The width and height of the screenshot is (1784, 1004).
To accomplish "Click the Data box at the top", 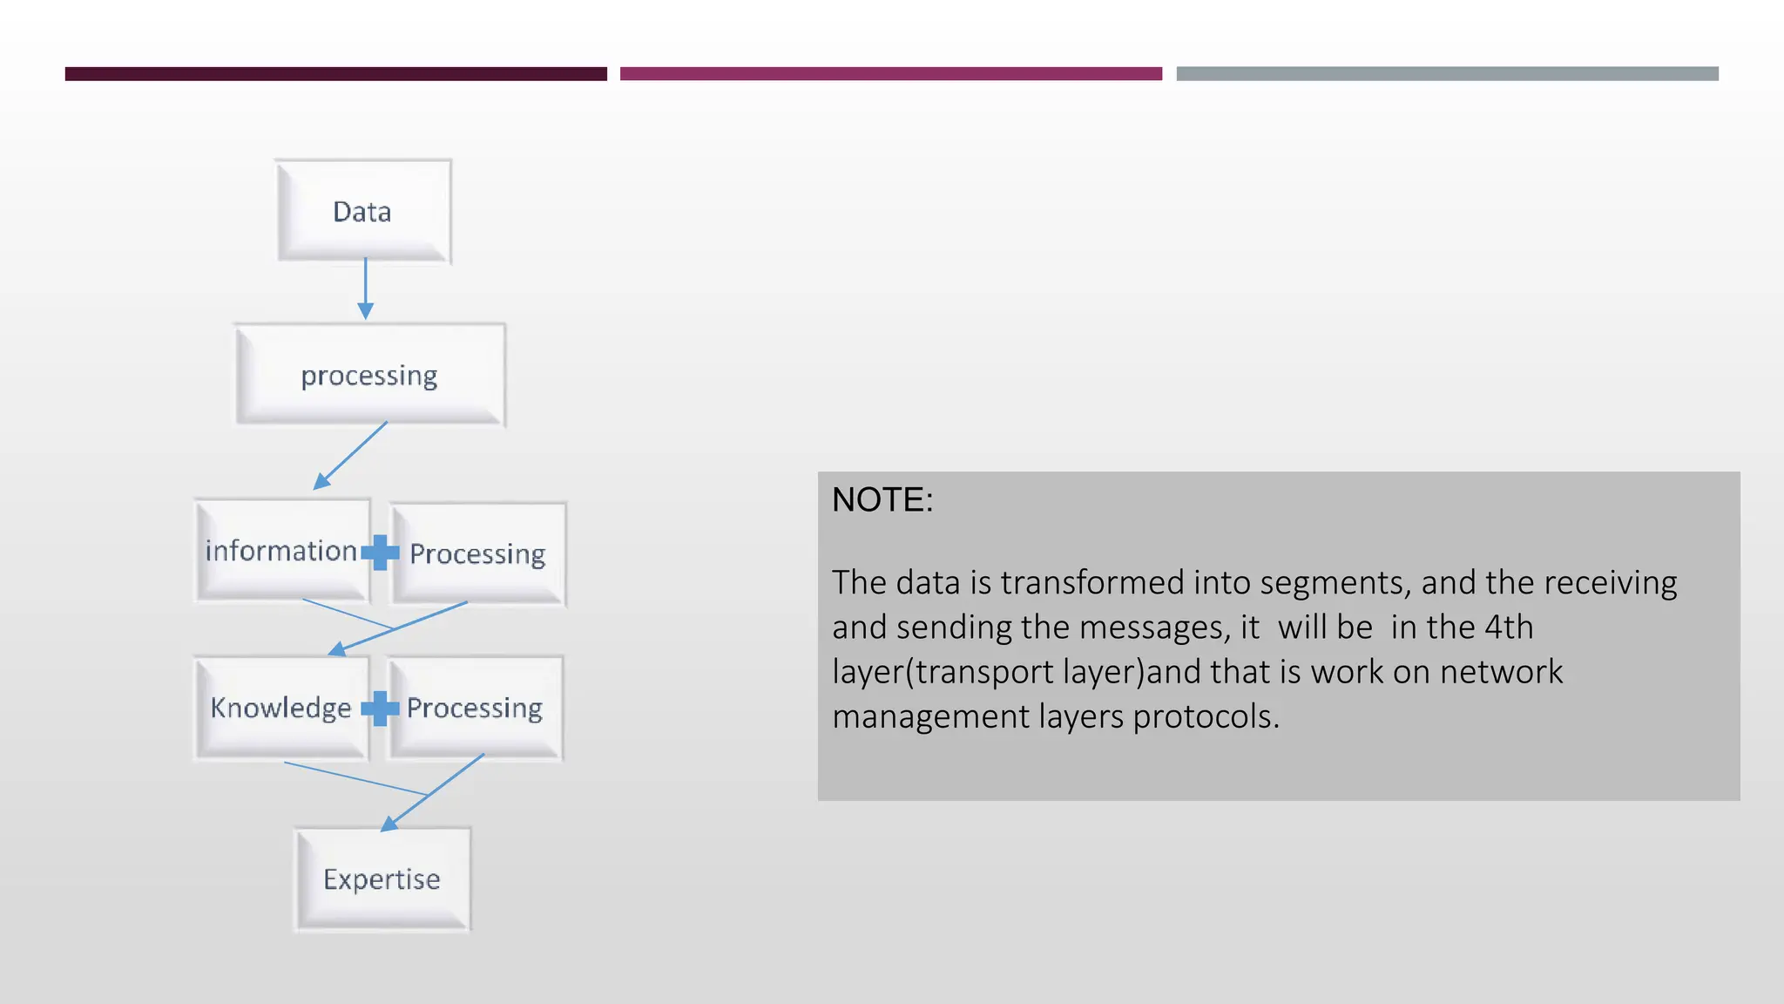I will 363,211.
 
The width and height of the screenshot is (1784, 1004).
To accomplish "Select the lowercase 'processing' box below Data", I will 369,375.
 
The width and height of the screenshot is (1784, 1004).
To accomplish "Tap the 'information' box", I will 280,551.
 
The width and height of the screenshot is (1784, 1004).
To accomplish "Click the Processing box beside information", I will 478,553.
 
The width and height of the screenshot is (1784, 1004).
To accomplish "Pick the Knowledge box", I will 280,708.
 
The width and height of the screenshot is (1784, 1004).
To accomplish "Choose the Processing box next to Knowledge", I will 475,708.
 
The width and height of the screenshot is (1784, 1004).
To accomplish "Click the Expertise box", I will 382,878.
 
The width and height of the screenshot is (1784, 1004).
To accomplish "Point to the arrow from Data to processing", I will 366,288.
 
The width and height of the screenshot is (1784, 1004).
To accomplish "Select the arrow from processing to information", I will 350,456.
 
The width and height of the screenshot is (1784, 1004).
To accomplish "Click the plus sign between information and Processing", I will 380,552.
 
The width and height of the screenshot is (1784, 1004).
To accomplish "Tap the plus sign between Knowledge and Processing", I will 380,709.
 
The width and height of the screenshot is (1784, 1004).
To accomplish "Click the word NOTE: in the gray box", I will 882,500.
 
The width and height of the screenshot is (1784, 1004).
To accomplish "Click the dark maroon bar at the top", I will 335,74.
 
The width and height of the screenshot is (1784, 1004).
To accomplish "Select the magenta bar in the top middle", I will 890,74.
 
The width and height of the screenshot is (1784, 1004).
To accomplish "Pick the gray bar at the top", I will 1447,74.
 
